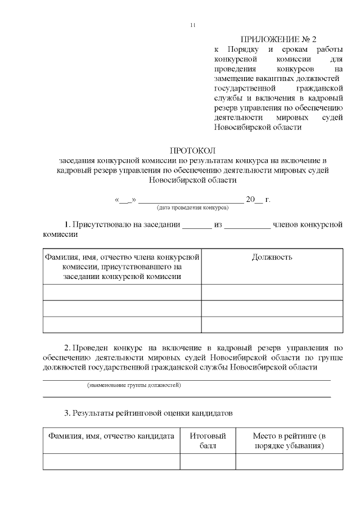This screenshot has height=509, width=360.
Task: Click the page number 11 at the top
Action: [x=193, y=25]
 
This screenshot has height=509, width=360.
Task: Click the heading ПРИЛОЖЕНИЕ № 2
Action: [x=278, y=39]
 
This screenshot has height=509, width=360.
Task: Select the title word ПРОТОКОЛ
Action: [x=193, y=150]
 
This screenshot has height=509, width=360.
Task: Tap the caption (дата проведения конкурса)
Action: [x=193, y=208]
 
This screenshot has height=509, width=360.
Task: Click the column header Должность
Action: [x=272, y=258]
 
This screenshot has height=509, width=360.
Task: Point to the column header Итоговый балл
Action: [x=208, y=440]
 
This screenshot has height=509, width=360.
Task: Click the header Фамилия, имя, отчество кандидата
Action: [x=111, y=436]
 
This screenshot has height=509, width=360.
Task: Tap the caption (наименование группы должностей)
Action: [x=133, y=386]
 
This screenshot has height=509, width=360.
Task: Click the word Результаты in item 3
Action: [x=94, y=413]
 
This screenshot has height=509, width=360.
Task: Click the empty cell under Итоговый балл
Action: [x=208, y=461]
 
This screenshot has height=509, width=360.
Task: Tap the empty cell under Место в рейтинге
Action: [x=289, y=461]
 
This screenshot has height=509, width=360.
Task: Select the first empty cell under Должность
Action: [x=272, y=292]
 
